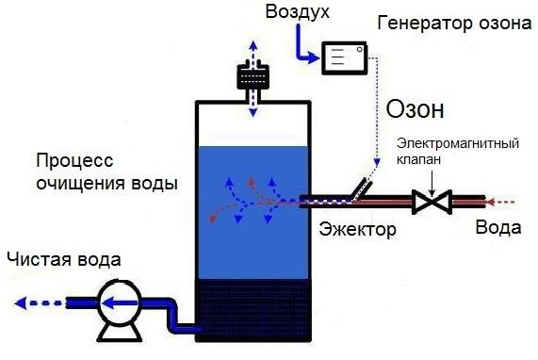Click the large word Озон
pos(415,109)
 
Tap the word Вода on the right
pos(497,229)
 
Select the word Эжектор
pos(357,229)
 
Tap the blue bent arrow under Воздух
pos(303,47)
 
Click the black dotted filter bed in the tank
pos(253,312)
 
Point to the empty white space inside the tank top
pos(253,123)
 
